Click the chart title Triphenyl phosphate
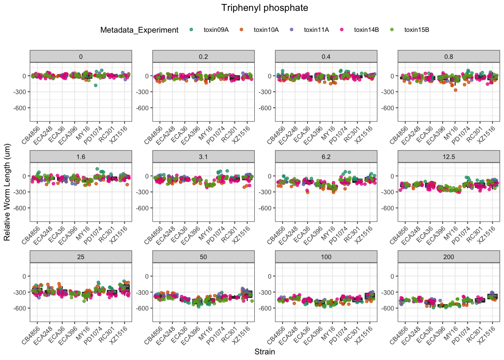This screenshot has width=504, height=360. (x=264, y=8)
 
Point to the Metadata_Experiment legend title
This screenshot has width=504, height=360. (x=139, y=30)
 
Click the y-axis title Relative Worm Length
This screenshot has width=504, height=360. (x=7, y=192)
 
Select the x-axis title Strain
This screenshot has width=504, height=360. (x=264, y=352)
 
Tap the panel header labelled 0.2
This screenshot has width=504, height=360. (x=203, y=57)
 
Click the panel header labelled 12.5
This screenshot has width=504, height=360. (x=448, y=157)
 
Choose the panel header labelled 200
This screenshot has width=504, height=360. (x=448, y=257)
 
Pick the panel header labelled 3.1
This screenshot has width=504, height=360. (x=203, y=157)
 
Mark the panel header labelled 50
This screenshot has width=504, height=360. (x=203, y=257)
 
